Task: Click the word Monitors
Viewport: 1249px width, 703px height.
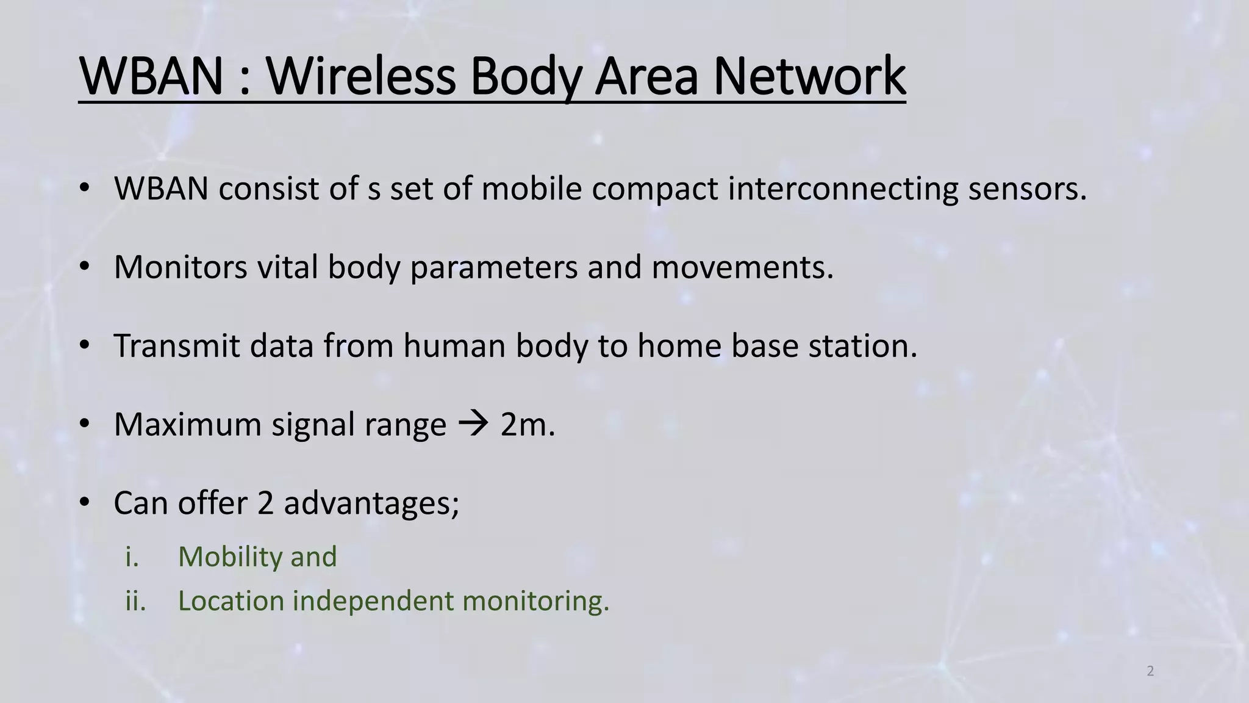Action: click(181, 267)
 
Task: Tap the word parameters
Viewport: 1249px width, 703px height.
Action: click(493, 267)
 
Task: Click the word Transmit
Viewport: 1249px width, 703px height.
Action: click(177, 345)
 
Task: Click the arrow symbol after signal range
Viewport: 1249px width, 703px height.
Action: click(473, 424)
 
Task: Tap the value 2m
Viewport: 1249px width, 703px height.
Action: click(527, 424)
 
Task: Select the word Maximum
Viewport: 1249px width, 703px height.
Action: click(187, 424)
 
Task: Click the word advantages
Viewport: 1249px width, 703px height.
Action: click(371, 503)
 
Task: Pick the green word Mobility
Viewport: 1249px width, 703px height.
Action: click(230, 557)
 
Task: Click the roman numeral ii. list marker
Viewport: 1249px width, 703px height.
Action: click(135, 601)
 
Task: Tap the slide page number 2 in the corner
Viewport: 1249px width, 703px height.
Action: click(1150, 671)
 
